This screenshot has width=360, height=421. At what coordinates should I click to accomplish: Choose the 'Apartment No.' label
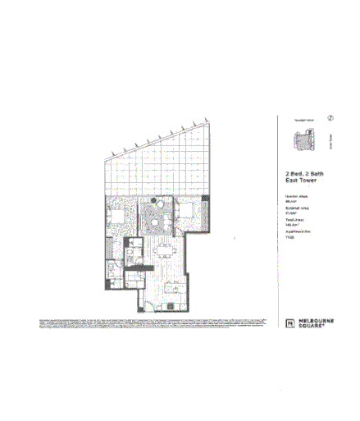[x=298, y=234]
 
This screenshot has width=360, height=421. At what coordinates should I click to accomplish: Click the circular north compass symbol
[x=330, y=118]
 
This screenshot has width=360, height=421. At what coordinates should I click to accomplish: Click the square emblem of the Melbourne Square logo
[x=289, y=323]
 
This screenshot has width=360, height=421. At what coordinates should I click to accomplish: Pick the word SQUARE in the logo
[x=311, y=327]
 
